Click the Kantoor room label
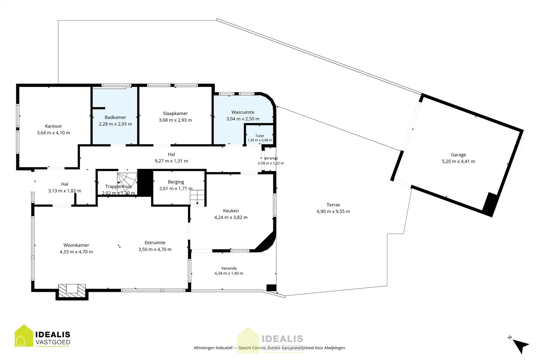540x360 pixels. [54, 126]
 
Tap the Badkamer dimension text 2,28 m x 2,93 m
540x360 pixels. [116, 124]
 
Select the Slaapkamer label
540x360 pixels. [175, 113]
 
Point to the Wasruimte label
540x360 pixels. [243, 112]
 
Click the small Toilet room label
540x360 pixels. [260, 136]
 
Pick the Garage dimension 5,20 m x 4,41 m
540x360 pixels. [459, 161]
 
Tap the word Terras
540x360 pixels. [333, 205]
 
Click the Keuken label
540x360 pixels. [231, 211]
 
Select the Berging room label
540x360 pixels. [176, 182]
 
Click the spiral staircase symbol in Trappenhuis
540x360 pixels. [127, 183]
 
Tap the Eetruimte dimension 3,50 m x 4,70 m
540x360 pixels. [155, 249]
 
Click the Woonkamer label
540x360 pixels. [76, 245]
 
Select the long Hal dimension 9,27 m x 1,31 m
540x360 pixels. [171, 161]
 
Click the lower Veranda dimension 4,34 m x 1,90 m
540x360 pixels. [229, 273]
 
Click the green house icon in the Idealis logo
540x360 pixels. [24, 336]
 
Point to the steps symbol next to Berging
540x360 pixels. [197, 198]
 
